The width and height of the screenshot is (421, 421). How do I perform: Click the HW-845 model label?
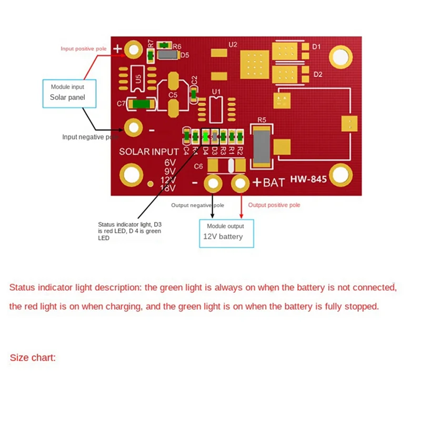(308, 179)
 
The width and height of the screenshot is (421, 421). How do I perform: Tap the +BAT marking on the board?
(268, 183)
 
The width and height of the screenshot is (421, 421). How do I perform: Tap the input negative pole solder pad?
(134, 127)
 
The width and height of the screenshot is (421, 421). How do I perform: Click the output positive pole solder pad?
(241, 183)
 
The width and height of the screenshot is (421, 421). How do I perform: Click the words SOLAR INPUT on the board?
(149, 152)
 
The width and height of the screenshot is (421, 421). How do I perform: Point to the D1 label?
(316, 47)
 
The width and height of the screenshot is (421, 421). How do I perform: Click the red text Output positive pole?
(274, 205)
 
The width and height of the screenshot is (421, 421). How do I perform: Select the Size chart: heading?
(33, 358)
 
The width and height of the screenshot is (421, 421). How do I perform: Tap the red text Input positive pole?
(84, 48)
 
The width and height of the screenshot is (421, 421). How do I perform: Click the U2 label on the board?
(234, 44)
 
